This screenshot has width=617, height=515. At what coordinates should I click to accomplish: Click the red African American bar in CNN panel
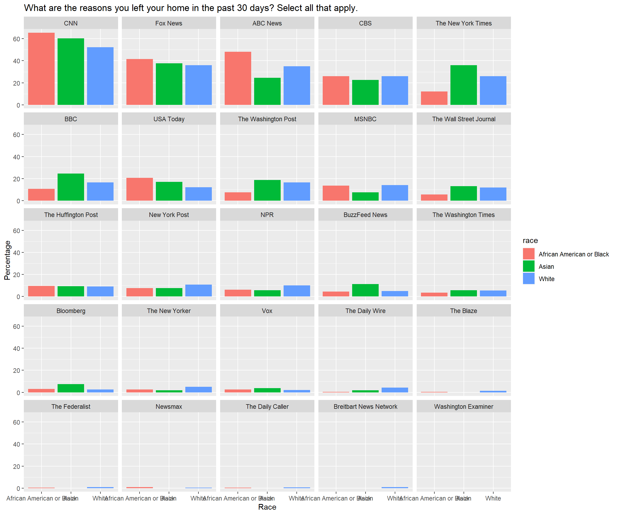pyautogui.click(x=42, y=69)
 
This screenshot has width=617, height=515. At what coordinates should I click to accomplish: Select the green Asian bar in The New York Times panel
pyautogui.click(x=463, y=85)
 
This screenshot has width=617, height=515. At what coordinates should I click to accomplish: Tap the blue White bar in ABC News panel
pyautogui.click(x=296, y=86)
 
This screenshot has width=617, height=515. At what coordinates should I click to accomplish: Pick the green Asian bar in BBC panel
pyautogui.click(x=71, y=187)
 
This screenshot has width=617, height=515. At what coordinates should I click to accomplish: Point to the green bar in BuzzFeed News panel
pyautogui.click(x=365, y=290)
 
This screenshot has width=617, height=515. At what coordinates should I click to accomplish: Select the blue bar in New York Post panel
pyautogui.click(x=198, y=290)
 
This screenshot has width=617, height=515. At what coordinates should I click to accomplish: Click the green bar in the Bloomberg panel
pyautogui.click(x=71, y=388)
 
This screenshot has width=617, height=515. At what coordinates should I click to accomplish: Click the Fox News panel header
pyautogui.click(x=169, y=23)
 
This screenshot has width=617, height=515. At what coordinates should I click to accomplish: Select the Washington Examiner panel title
pyautogui.click(x=463, y=406)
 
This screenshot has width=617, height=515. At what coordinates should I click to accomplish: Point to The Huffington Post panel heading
pyautogui.click(x=71, y=215)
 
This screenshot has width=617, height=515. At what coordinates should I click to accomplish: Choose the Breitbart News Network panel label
pyautogui.click(x=365, y=406)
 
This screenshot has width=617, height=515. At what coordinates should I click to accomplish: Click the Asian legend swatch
pyautogui.click(x=528, y=266)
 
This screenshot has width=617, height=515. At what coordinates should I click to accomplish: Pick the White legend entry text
pyautogui.click(x=546, y=279)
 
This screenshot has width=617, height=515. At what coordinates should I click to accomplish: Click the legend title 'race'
pyautogui.click(x=530, y=240)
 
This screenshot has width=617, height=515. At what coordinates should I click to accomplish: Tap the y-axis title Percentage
pyautogui.click(x=7, y=260)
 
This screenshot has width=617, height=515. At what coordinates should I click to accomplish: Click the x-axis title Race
pyautogui.click(x=267, y=507)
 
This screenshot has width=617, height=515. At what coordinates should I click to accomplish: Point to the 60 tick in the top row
pyautogui.click(x=16, y=39)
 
